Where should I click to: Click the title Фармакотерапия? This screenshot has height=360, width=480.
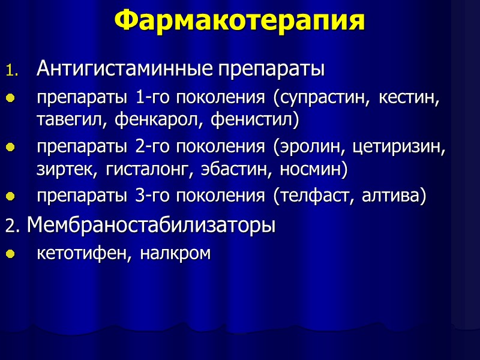point(239,22)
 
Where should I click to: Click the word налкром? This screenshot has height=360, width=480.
point(176,253)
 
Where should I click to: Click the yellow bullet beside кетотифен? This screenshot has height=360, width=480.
point(9,254)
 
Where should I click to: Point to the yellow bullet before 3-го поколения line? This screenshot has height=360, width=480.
point(9,197)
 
